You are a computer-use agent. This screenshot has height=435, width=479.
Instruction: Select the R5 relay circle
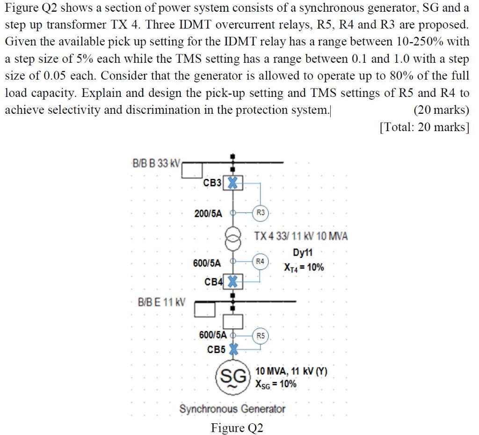pyautogui.click(x=261, y=335)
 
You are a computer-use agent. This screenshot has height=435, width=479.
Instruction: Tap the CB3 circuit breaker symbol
pyautogui.click(x=232, y=183)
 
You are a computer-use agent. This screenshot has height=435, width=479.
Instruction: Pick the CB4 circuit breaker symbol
pyautogui.click(x=232, y=282)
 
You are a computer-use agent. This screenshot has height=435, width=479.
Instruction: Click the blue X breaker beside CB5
pyautogui.click(x=232, y=350)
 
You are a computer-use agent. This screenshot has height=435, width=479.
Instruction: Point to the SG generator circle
pyautogui.click(x=232, y=376)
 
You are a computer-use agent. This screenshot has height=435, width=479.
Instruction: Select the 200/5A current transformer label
pyautogui.click(x=208, y=213)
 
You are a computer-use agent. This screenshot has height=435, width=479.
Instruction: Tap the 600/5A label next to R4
pyautogui.click(x=207, y=263)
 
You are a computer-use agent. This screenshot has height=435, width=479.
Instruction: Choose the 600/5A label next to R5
pyautogui.click(x=213, y=335)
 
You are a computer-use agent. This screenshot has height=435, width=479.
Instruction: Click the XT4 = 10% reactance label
pyautogui.click(x=304, y=268)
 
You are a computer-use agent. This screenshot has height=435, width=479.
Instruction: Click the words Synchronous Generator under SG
pyautogui.click(x=232, y=409)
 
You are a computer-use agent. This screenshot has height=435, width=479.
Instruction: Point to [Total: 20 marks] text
pyautogui.click(x=424, y=127)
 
